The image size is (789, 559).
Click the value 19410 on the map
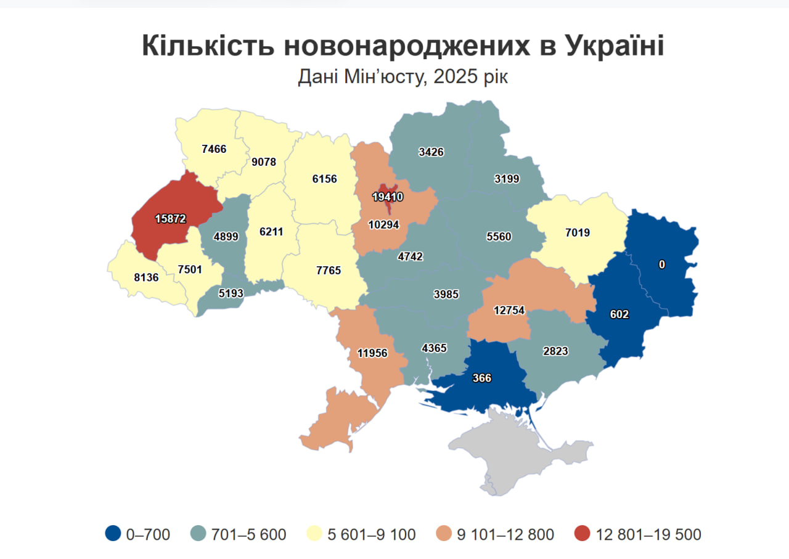click(388, 197)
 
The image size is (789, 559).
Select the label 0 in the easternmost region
click(662, 264)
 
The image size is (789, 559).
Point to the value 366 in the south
click(482, 378)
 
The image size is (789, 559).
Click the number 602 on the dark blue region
click(619, 314)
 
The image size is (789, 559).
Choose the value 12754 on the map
click(509, 310)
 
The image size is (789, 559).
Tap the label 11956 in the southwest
click(372, 353)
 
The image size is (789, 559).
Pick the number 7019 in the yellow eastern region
click(578, 233)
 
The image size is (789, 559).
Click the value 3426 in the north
click(431, 152)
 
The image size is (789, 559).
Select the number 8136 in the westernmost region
click(146, 277)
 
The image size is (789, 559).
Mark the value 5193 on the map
click(231, 294)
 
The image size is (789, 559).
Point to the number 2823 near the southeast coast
click(555, 351)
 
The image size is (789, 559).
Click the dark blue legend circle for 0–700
click(113, 534)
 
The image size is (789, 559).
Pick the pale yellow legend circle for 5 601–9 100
click(316, 534)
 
